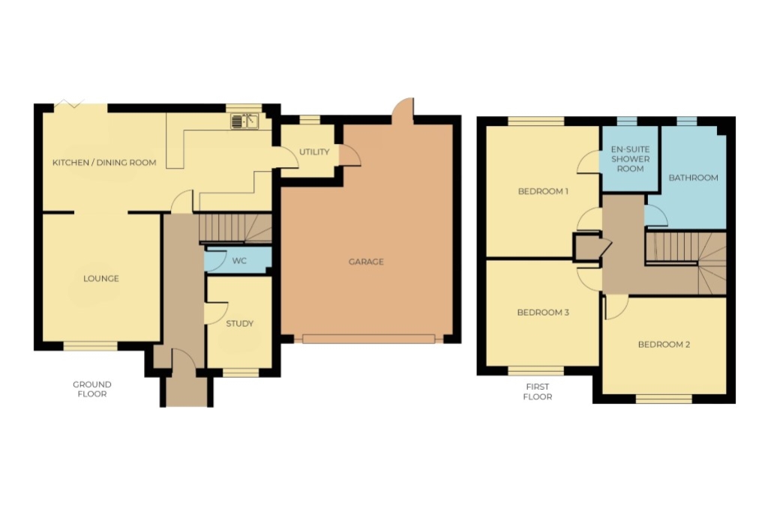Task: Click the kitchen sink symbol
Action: tap(244, 121)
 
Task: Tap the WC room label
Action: tap(239, 261)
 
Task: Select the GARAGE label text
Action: tap(366, 262)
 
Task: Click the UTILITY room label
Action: tap(314, 152)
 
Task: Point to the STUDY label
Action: tap(239, 324)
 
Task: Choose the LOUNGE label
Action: tap(101, 279)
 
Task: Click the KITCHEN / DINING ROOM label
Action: tap(104, 163)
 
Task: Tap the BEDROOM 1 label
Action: tap(543, 191)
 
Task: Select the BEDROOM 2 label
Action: tap(664, 345)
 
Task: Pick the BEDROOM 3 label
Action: tap(543, 313)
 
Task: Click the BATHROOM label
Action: tap(693, 178)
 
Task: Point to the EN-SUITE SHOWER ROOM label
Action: tap(630, 159)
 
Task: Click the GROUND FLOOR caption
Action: tap(92, 389)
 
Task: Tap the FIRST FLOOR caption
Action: tap(538, 391)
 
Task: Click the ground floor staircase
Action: tap(235, 228)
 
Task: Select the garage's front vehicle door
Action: tap(368, 339)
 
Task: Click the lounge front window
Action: tap(91, 346)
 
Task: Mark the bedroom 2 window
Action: tap(664, 399)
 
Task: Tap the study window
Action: tap(241, 373)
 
